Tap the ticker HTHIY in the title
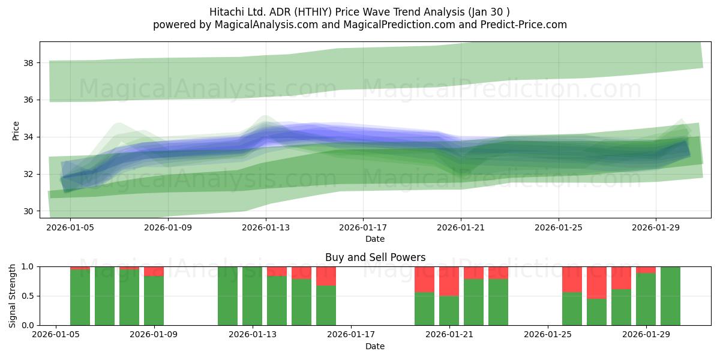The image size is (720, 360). [x=314, y=12]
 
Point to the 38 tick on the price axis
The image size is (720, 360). [x=28, y=63]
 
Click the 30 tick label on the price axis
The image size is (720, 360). [x=28, y=211]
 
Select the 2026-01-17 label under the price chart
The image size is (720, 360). [x=363, y=227]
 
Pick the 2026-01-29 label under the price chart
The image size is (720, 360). [x=656, y=227]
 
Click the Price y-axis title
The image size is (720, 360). [x=16, y=131]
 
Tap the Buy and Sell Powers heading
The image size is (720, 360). [x=375, y=257]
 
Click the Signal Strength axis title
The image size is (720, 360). [x=12, y=296]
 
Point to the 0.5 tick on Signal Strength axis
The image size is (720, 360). [x=28, y=296]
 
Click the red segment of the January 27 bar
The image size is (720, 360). [x=596, y=283]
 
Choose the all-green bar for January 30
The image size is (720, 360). [x=670, y=296]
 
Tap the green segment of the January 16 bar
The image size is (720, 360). [x=326, y=305]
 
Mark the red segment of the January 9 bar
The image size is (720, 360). [x=154, y=271]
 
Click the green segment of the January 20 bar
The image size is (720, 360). [x=424, y=309]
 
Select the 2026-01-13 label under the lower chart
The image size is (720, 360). [x=253, y=335]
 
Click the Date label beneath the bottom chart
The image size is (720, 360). [x=375, y=346]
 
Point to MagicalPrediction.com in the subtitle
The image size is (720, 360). [x=399, y=25]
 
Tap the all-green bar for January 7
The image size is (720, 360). [x=104, y=296]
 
